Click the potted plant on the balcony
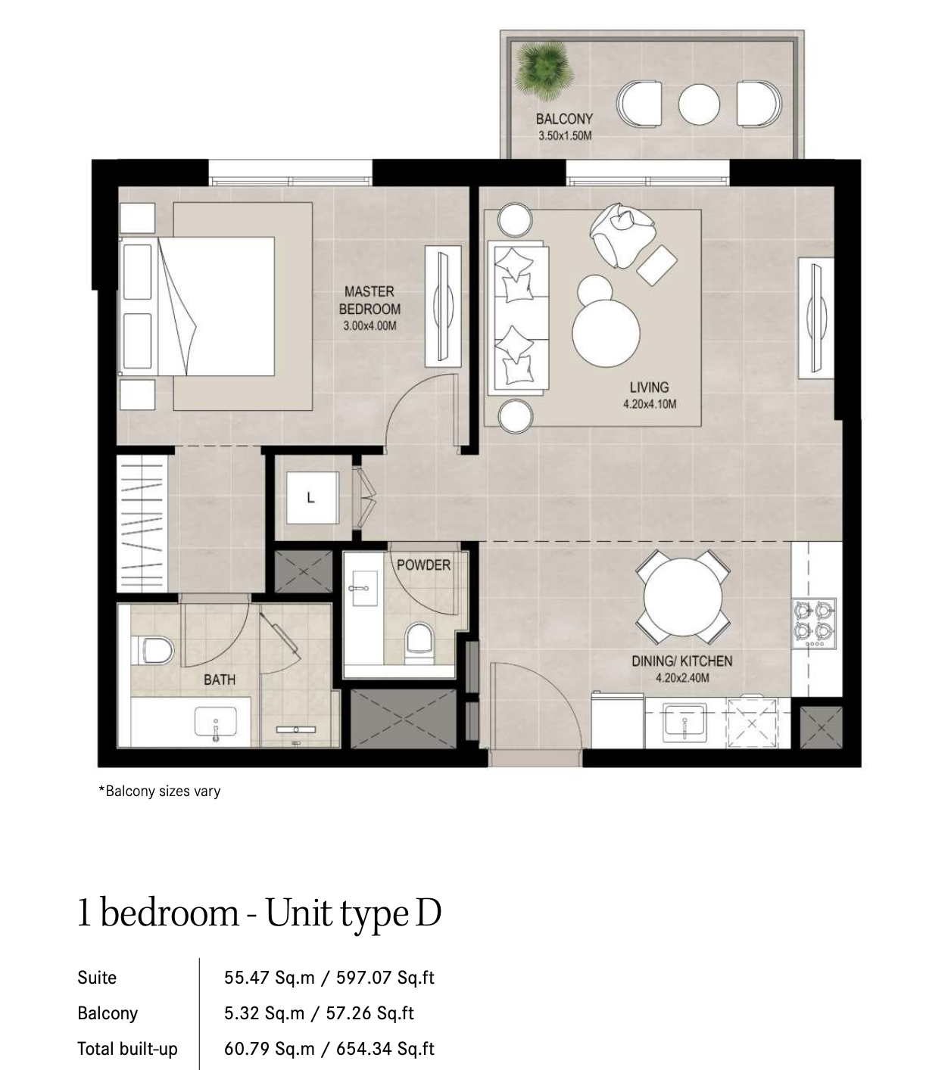coord(544,71)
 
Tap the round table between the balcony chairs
coord(698,104)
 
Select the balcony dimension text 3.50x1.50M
coord(565,135)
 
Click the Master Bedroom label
coord(369,300)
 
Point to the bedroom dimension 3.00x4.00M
coord(369,326)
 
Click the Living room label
coord(649,387)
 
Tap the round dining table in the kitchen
coord(682,597)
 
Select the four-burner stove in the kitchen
coord(813,624)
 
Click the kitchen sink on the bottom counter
coord(684,720)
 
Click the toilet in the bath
coord(151,650)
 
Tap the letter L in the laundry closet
coord(311,497)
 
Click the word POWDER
coord(423,565)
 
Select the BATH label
coord(220,680)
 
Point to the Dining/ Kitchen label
coord(682,661)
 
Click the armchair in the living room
coord(622,235)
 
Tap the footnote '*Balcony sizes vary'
coord(160,791)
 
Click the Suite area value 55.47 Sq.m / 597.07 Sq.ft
coord(329,978)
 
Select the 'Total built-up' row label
coord(127,1049)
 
